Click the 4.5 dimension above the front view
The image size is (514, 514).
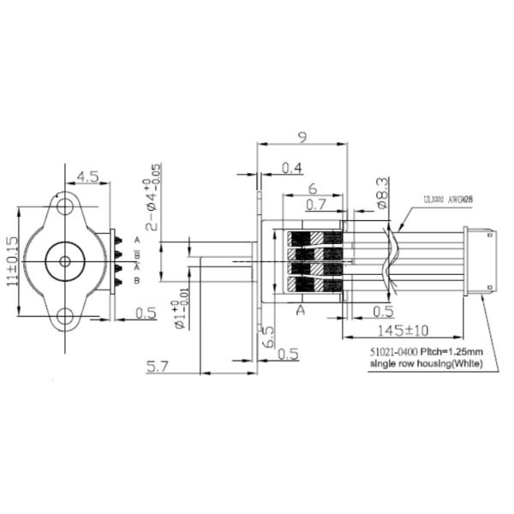[87, 176]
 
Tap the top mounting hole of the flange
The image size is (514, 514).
[63, 206]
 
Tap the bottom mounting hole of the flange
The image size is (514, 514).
[63, 319]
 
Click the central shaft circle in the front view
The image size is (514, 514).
[63, 262]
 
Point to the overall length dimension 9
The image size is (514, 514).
[301, 136]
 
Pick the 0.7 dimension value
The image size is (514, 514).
[318, 204]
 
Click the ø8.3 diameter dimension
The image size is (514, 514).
[382, 194]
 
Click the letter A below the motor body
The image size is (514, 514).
[300, 310]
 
